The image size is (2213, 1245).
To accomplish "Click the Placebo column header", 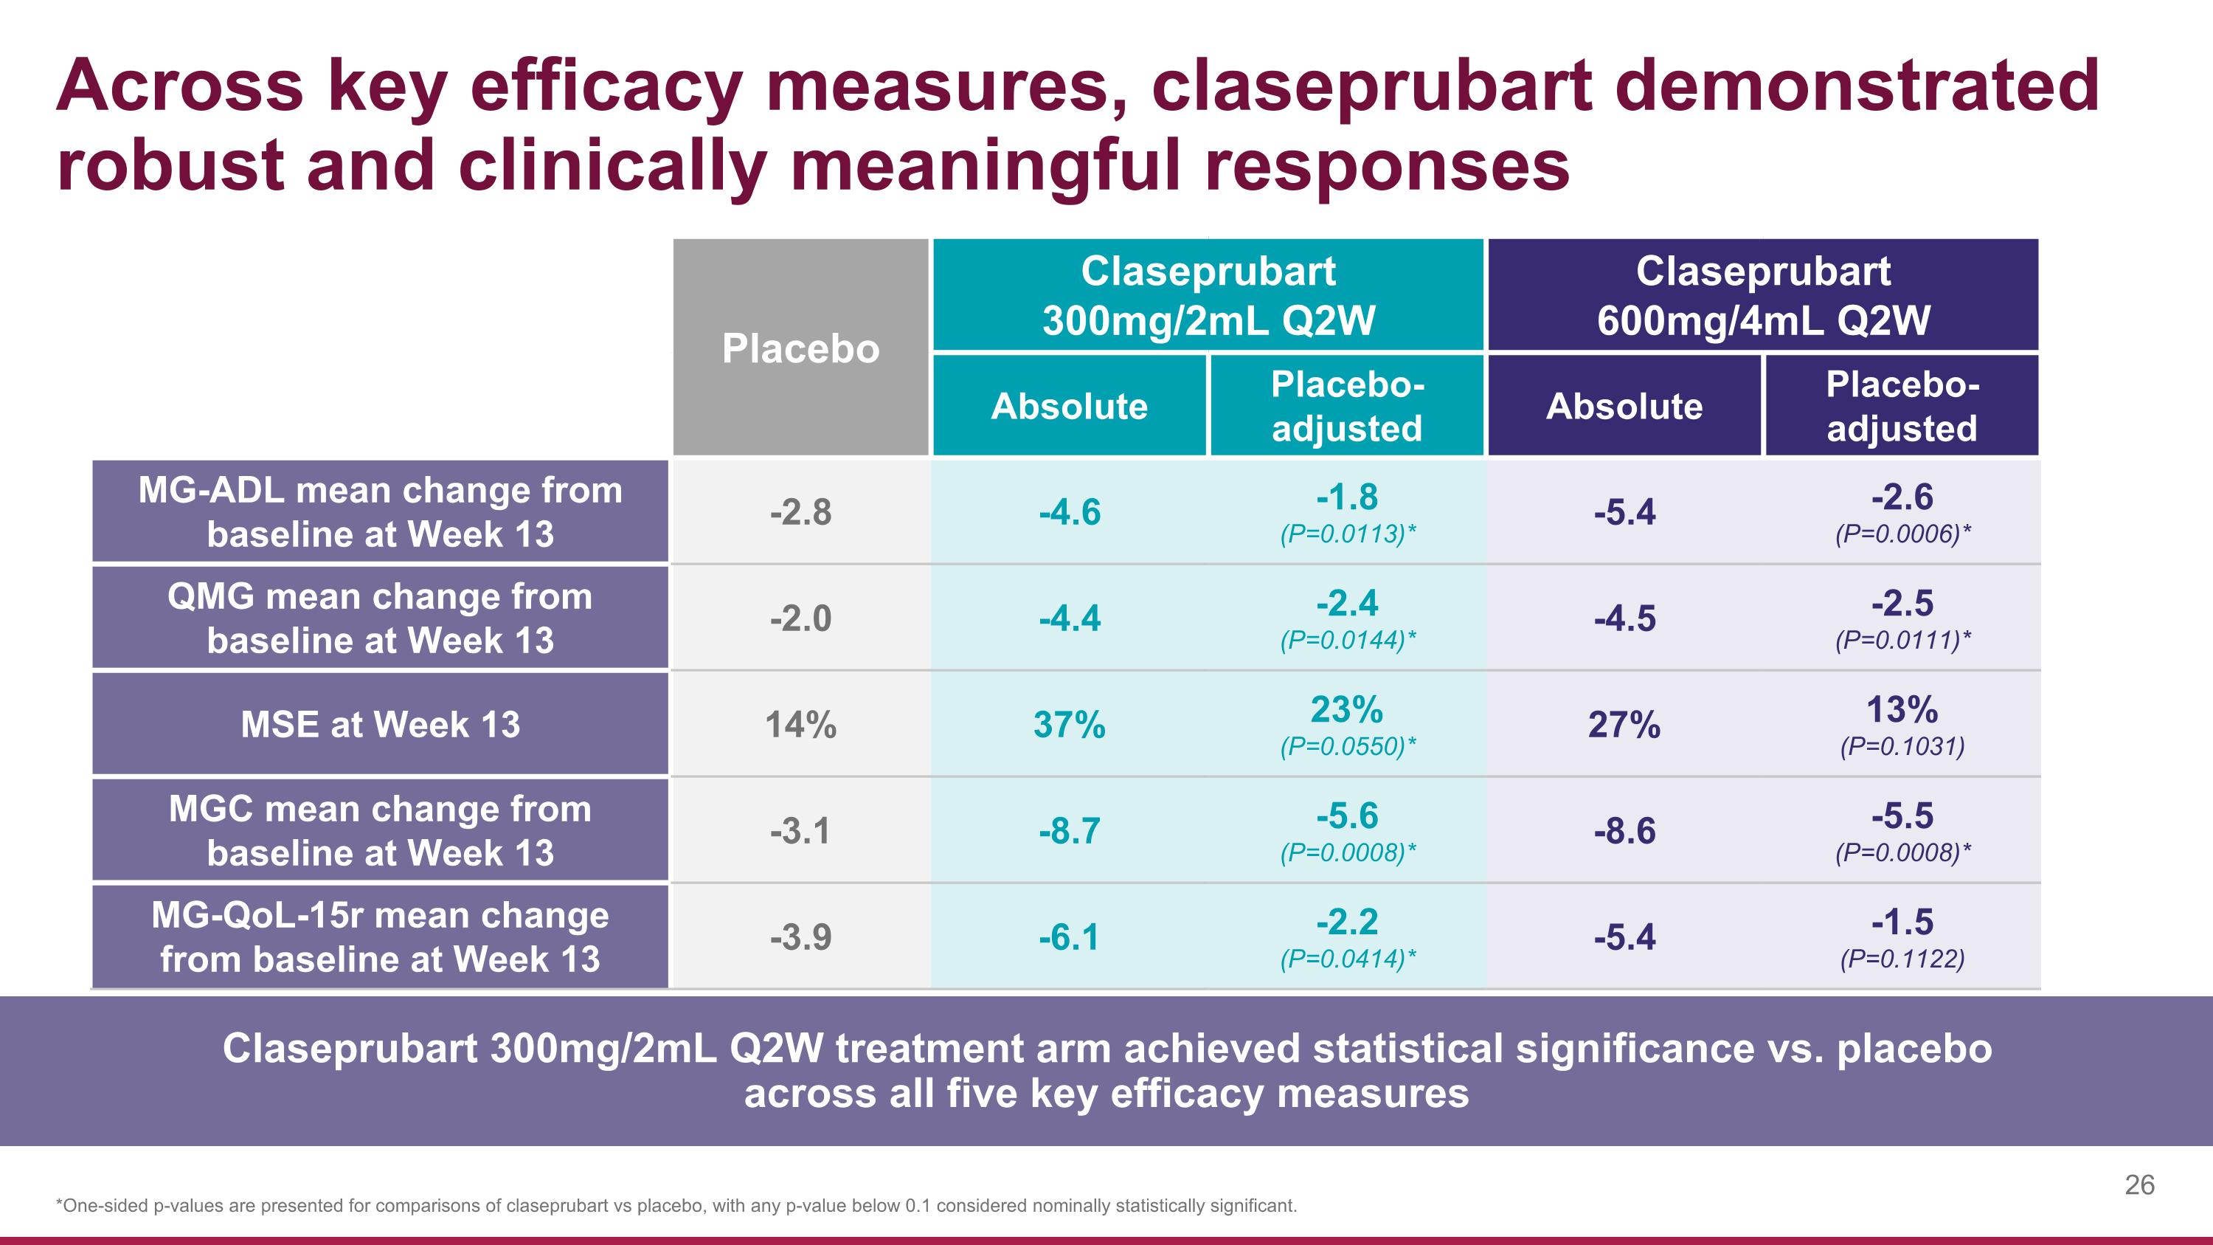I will pyautogui.click(x=800, y=349).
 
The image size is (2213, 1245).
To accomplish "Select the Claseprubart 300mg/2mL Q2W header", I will pyautogui.click(x=1208, y=296).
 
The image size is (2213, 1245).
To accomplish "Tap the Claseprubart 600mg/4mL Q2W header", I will pyautogui.click(x=1763, y=296).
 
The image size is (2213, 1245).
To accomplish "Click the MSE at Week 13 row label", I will pyautogui.click(x=380, y=724).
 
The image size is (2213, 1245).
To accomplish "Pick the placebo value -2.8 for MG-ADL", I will pyautogui.click(x=800, y=512).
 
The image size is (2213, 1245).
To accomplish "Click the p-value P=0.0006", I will pyautogui.click(x=1902, y=534).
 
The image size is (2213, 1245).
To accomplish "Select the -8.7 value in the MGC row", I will pyautogui.click(x=1069, y=831).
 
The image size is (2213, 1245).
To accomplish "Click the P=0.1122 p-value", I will pyautogui.click(x=1902, y=959).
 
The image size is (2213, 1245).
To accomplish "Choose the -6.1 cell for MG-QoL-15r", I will pyautogui.click(x=1069, y=937).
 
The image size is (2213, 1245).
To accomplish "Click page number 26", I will pyautogui.click(x=2139, y=1185).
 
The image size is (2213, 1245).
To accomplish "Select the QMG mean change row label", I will pyautogui.click(x=380, y=618).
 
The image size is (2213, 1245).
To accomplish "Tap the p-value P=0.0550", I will pyautogui.click(x=1347, y=747).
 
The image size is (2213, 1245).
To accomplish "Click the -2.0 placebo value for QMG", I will pyautogui.click(x=800, y=618).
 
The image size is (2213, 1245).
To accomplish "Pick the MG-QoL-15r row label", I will pyautogui.click(x=380, y=937).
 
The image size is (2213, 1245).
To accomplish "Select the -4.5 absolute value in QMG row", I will pyautogui.click(x=1624, y=618).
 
